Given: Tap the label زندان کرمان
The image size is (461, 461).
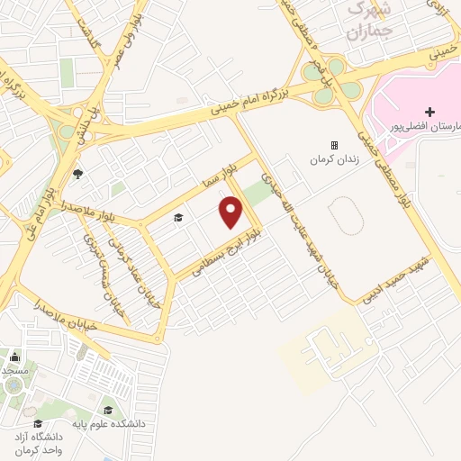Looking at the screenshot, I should click(328, 160).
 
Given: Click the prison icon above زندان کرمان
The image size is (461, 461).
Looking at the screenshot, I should click(333, 145).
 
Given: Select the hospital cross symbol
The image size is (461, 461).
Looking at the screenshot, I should click(429, 113).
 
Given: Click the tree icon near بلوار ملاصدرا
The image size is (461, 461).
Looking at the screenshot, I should click(77, 174).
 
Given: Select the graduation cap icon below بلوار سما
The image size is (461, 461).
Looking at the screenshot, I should click(177, 218).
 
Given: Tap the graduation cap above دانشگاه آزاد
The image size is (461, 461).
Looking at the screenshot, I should click(37, 423).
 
